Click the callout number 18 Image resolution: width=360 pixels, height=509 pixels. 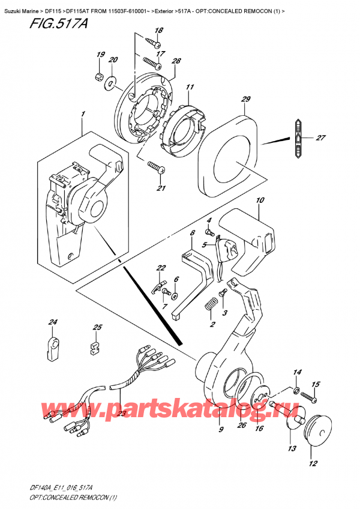[158, 31]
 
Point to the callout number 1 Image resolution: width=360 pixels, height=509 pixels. [83, 114]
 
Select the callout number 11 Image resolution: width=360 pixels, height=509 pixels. [190, 88]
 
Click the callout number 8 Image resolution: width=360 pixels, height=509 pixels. [192, 233]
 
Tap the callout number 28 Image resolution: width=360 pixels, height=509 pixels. [176, 62]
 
